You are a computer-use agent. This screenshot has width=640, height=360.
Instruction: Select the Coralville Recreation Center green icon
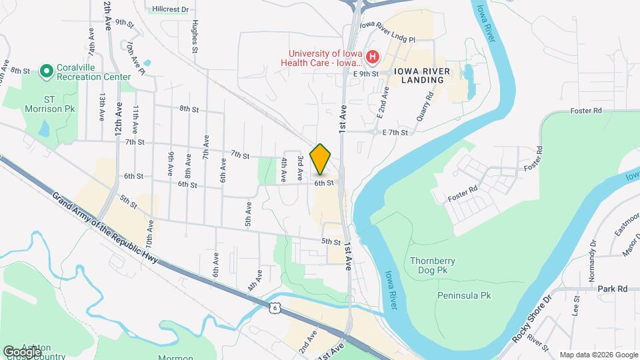pyautogui.click(x=46, y=70)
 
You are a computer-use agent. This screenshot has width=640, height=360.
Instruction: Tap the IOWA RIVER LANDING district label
pyautogui.click(x=418, y=75)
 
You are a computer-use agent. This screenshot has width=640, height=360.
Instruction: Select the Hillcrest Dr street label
pyautogui.click(x=170, y=9)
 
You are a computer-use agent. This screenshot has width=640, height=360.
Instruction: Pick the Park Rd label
pyautogui.click(x=613, y=289)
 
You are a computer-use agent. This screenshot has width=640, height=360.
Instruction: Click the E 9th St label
pyautogui.click(x=366, y=74)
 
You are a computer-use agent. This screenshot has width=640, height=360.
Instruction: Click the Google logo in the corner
pyautogui.click(x=22, y=351)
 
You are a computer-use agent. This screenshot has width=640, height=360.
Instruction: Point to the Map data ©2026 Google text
pyautogui.click(x=597, y=355)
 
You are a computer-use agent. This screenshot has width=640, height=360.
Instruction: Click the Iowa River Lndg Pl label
pyautogui.click(x=387, y=32)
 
